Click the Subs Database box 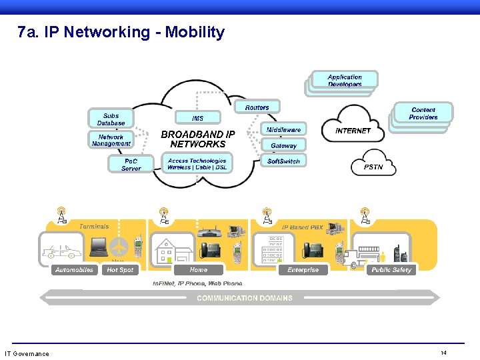point(111,119)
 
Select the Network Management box point(111,140)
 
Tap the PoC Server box point(131,165)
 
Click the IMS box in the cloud point(197,118)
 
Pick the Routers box point(257,107)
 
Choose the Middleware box point(284,129)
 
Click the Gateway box point(284,145)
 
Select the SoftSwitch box point(284,161)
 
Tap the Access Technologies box point(197,164)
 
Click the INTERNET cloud point(353,131)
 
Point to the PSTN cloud point(373,167)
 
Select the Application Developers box point(345,81)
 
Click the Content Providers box point(423,113)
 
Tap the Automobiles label point(74,270)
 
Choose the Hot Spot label point(120,270)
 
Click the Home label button point(198,270)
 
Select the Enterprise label point(303,270)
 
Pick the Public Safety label point(391,270)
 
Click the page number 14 point(443,353)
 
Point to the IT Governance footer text point(27,353)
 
